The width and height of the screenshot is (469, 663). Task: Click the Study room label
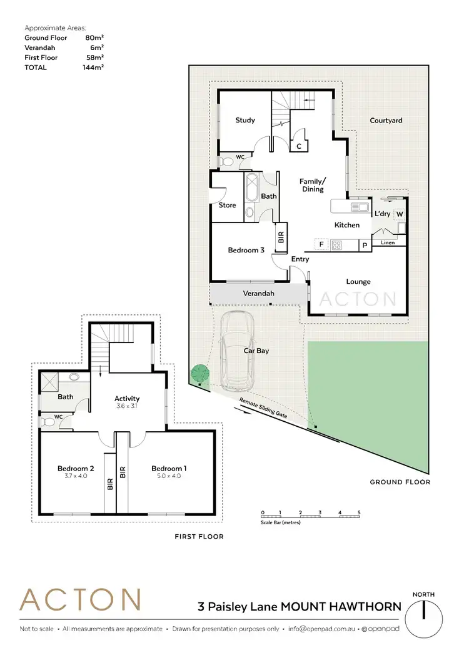245,120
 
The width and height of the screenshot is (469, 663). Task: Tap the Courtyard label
386,121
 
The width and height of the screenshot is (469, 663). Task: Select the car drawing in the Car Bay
236,350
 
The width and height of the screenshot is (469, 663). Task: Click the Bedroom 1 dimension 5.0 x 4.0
169,476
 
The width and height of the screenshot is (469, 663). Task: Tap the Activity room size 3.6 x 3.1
127,406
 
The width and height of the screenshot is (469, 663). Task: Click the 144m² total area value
93,67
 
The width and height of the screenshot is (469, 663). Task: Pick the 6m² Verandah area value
95,47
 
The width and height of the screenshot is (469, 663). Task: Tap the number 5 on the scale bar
359,512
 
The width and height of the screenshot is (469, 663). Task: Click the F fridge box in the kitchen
321,244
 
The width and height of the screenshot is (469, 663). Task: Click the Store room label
227,205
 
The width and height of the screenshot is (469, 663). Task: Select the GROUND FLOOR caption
400,482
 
